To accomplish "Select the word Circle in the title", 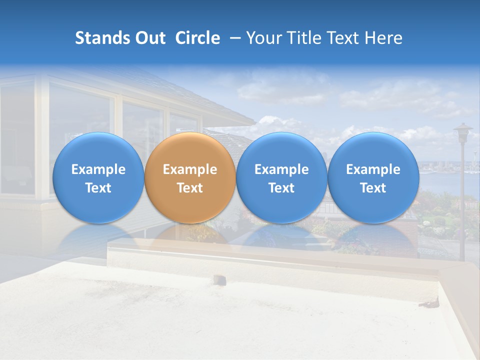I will (197, 38).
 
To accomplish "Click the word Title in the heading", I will (304, 38).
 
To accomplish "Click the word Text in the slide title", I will (343, 38).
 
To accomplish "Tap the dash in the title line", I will (233, 38).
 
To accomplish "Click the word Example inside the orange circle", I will (190, 169).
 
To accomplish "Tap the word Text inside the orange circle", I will (190, 188).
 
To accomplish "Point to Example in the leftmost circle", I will (98, 169).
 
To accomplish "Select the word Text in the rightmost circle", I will (373, 188).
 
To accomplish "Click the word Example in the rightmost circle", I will (373, 169).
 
